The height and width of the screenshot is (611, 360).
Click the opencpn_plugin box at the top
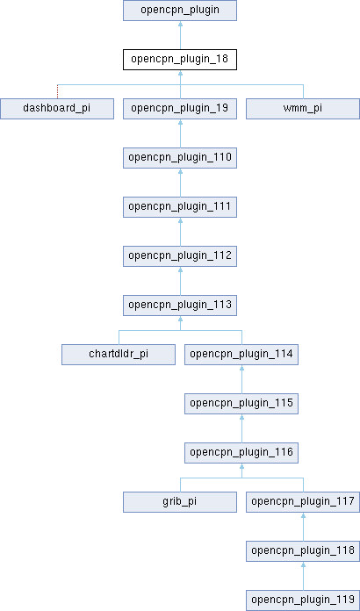click(180, 11)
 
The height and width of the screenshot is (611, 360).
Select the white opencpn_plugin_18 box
click(180, 60)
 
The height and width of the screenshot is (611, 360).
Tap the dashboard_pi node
click(57, 109)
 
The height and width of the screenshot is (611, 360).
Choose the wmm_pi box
click(303, 109)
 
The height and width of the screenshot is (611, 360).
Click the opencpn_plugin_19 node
click(180, 109)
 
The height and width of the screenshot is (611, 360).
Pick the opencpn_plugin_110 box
click(180, 158)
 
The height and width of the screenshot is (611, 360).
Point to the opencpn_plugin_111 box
click(180, 207)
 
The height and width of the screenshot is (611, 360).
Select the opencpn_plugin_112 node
click(180, 256)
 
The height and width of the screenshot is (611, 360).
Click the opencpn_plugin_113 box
click(180, 305)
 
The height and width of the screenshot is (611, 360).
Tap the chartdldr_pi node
click(119, 355)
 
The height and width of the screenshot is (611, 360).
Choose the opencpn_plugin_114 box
click(241, 355)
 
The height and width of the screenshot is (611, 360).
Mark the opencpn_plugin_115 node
click(241, 404)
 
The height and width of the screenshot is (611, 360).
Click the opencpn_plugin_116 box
click(241, 453)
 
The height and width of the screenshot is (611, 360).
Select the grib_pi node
click(180, 502)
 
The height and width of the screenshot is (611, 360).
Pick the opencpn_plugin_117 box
click(303, 502)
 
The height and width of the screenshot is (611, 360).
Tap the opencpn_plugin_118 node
click(303, 551)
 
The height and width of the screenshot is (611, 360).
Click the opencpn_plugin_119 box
click(303, 600)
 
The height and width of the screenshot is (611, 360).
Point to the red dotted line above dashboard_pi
click(57, 91)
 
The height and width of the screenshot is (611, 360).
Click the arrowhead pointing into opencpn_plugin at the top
click(180, 24)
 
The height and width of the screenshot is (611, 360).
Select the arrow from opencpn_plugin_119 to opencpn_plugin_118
click(303, 576)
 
